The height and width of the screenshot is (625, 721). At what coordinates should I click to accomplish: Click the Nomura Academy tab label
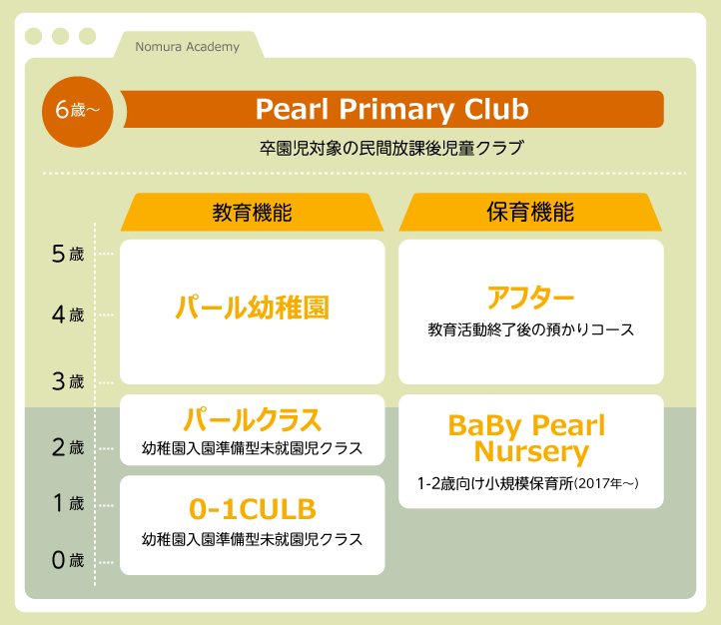tap(187, 47)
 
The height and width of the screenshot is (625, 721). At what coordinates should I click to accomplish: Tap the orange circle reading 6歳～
tap(78, 112)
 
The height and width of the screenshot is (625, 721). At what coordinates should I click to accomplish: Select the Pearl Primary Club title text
tap(392, 110)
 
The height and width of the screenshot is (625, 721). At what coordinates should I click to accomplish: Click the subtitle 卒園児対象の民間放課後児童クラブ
tap(391, 148)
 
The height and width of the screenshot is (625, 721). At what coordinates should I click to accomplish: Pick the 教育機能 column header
tap(252, 213)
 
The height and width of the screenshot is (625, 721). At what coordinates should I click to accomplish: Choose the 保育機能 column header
tap(530, 213)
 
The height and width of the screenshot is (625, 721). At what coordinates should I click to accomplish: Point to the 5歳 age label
tap(68, 254)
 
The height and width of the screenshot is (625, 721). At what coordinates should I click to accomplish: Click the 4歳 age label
tap(68, 315)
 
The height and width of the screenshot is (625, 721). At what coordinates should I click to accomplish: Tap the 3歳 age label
tap(68, 381)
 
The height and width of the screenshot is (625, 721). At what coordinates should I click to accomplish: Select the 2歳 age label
tap(68, 447)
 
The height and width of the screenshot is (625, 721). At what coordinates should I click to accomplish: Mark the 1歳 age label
tap(68, 503)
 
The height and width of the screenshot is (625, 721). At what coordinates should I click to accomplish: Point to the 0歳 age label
tap(68, 560)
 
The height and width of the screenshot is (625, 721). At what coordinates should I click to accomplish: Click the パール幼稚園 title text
tap(252, 308)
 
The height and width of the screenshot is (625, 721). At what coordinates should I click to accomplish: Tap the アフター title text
tap(530, 298)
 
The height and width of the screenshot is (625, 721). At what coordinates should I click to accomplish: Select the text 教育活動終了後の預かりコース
tap(530, 329)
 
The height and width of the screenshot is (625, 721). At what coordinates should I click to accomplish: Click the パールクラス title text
tap(252, 420)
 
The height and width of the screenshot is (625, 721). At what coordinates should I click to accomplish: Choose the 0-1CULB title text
tap(253, 509)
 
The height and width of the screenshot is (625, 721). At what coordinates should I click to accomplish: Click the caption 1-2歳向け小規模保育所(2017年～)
tap(528, 483)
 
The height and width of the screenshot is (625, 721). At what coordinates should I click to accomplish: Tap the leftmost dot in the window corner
tap(34, 36)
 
